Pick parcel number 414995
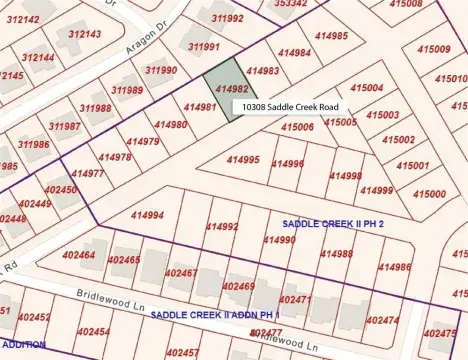point(243,160)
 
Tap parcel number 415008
point(406,5)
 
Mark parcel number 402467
point(181,272)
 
